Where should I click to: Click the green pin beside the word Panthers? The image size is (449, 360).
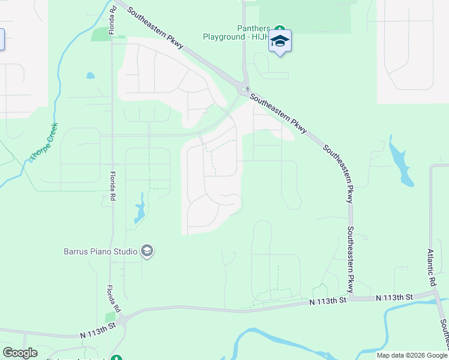(x=279, y=28)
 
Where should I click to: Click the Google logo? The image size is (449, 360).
(x=20, y=353)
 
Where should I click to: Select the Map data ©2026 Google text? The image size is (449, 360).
(x=411, y=355)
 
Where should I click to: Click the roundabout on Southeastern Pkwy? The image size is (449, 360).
(x=244, y=90)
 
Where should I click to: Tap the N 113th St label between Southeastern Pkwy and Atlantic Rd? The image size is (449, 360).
(x=394, y=298)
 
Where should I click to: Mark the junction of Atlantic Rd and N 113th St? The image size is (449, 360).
(x=433, y=293)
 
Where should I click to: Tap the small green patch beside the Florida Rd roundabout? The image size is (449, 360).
(x=110, y=317)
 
